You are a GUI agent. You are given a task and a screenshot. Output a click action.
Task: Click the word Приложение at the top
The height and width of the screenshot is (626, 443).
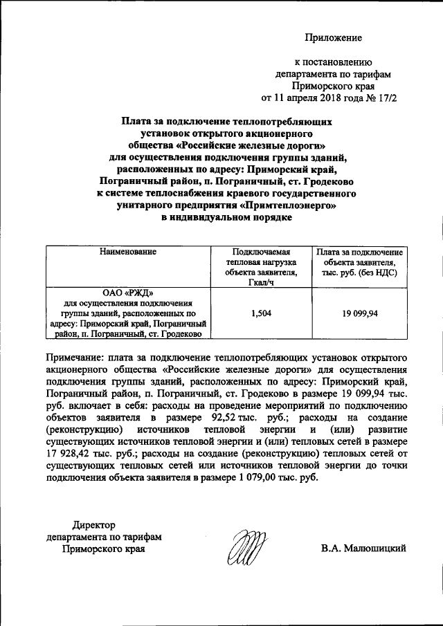click(334, 37)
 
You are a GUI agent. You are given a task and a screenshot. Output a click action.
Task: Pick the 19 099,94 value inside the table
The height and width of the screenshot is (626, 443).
click(359, 313)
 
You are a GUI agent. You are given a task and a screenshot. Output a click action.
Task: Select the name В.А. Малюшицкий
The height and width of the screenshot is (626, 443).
click(363, 549)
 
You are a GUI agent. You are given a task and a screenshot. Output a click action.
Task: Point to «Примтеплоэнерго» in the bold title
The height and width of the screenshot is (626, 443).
click(291, 206)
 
